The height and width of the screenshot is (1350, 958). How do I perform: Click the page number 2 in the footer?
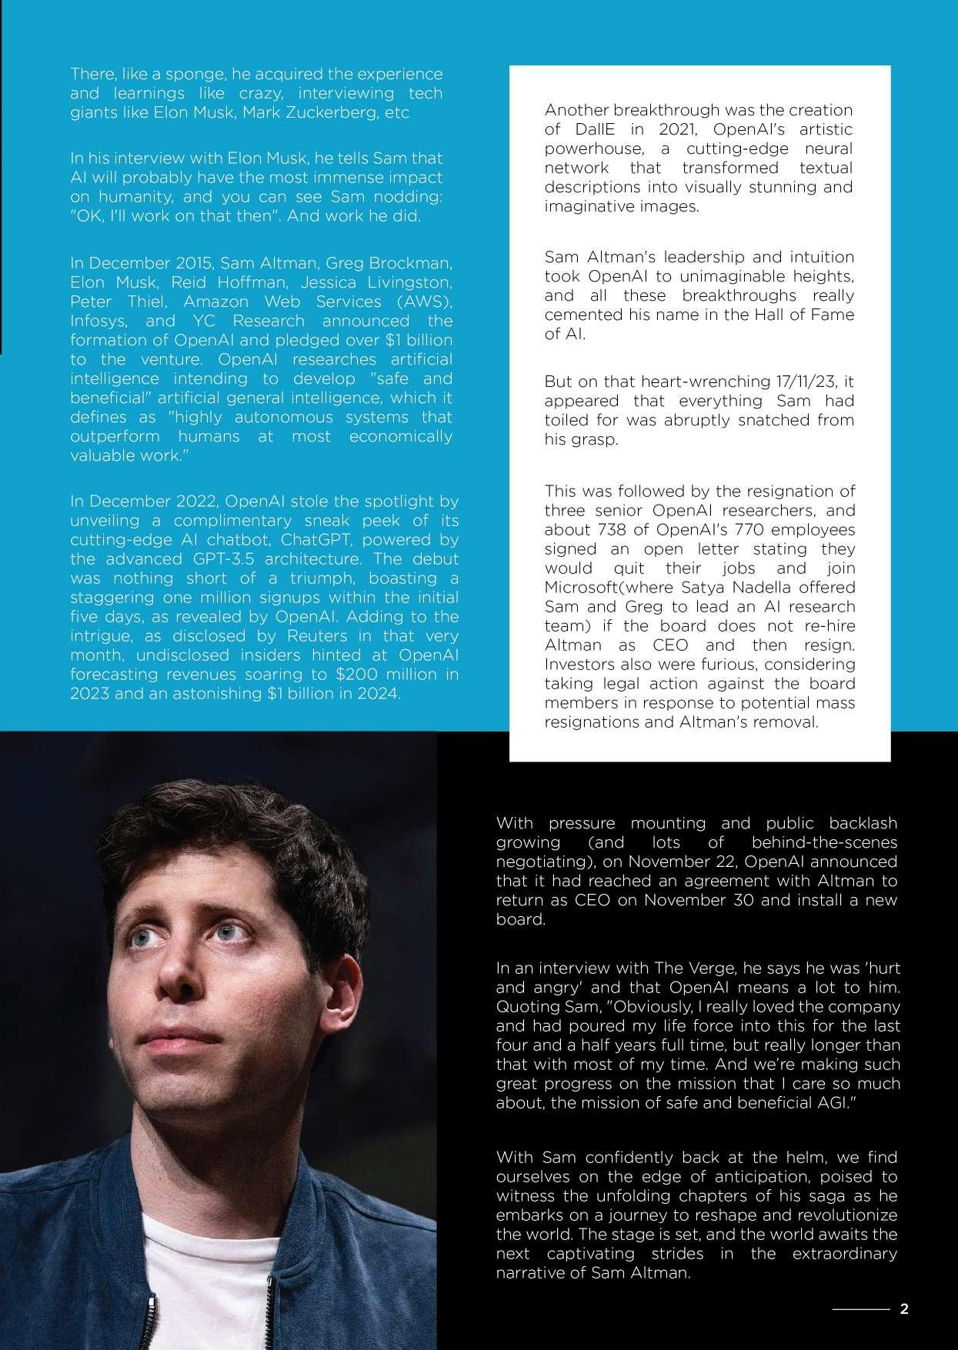904,1308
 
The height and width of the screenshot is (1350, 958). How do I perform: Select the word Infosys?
99,321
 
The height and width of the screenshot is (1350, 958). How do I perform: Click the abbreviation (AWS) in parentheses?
422,302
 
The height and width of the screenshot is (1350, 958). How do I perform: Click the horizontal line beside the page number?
860,1308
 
